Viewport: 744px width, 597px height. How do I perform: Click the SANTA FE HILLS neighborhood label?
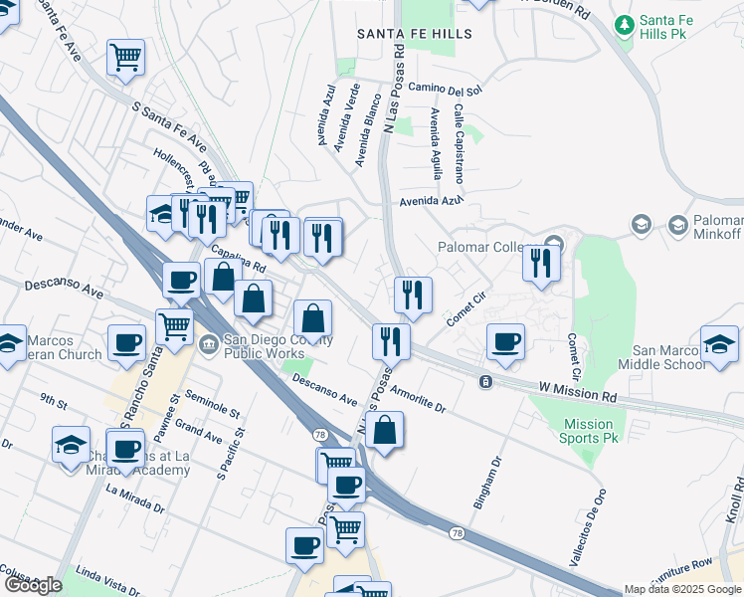coord(415,34)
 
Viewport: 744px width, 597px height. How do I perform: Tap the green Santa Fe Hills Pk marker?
coord(625,23)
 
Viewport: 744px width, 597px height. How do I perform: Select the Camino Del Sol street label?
coord(445,90)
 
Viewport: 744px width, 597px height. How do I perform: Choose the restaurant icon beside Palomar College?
coord(541,263)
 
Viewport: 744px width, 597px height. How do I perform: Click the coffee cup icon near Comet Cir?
coord(505,341)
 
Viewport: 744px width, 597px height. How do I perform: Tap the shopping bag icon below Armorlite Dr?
coord(385,431)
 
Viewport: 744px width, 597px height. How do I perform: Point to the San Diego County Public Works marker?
coord(208,345)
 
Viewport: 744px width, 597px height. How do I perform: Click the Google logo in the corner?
coord(32,585)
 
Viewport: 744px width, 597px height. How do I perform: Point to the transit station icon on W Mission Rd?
coord(484,382)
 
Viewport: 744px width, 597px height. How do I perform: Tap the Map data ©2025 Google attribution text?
coord(682,589)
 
